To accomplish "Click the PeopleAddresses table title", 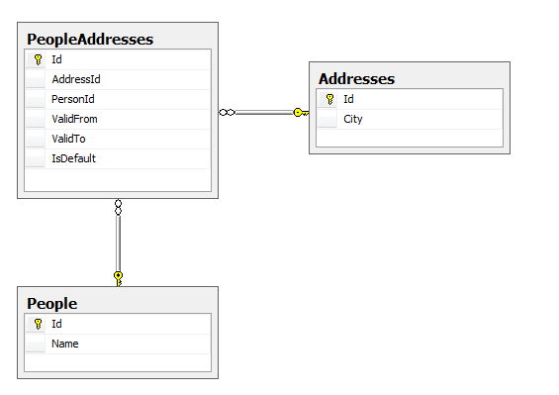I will coord(90,40).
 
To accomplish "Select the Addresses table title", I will coord(356,78).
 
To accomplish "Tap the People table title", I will coord(52,303).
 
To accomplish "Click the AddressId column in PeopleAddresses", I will coord(76,78).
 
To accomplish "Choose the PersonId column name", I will coord(73,99).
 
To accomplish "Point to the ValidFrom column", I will coord(74,119).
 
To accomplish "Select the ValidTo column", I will coord(68,139).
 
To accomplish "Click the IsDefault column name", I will coord(73,158).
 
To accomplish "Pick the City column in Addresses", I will coord(353,119).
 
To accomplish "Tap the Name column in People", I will coord(65,344).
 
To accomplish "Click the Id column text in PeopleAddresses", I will coord(57,58).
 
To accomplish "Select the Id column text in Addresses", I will coord(348,99).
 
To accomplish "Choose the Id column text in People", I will coord(57,324).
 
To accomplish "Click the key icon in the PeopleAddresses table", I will coord(38,59).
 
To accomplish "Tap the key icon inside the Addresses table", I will coord(329,99).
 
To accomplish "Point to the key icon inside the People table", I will coord(38,324).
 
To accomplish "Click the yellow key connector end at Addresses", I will coord(300,113).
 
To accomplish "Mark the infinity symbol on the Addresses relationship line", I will coord(227,113).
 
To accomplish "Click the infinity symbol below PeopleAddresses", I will coord(118,208).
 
